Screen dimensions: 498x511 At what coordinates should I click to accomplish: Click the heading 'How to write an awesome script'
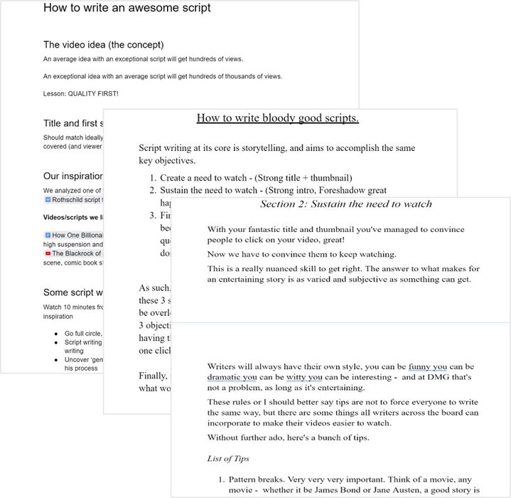click(x=127, y=9)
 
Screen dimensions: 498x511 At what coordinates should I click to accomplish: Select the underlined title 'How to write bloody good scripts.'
click(x=276, y=118)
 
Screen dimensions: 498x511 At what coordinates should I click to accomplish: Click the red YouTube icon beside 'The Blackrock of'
click(x=48, y=253)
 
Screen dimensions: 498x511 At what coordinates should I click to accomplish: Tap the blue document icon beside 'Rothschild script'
click(x=48, y=200)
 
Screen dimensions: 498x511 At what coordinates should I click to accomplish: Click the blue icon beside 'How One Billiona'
click(x=48, y=234)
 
